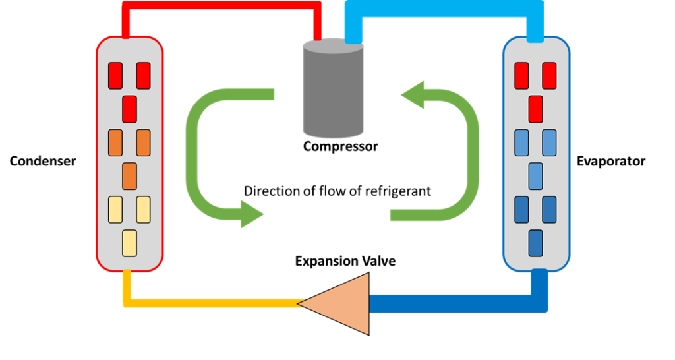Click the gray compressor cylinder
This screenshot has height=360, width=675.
tap(333, 89)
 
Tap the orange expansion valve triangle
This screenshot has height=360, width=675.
tap(339, 303)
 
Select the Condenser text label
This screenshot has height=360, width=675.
tap(43, 161)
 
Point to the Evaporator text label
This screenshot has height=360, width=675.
tap(610, 161)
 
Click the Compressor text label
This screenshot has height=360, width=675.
tap(340, 146)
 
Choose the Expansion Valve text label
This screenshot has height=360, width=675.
tap(345, 261)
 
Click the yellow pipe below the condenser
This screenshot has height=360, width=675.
tap(211, 303)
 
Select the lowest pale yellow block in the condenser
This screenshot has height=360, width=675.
tap(129, 243)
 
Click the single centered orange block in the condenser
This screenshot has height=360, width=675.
tap(129, 175)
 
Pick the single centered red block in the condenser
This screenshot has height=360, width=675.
tap(129, 109)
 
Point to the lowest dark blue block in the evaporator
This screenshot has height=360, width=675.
tap(536, 243)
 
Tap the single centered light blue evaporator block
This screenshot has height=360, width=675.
tap(536, 175)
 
